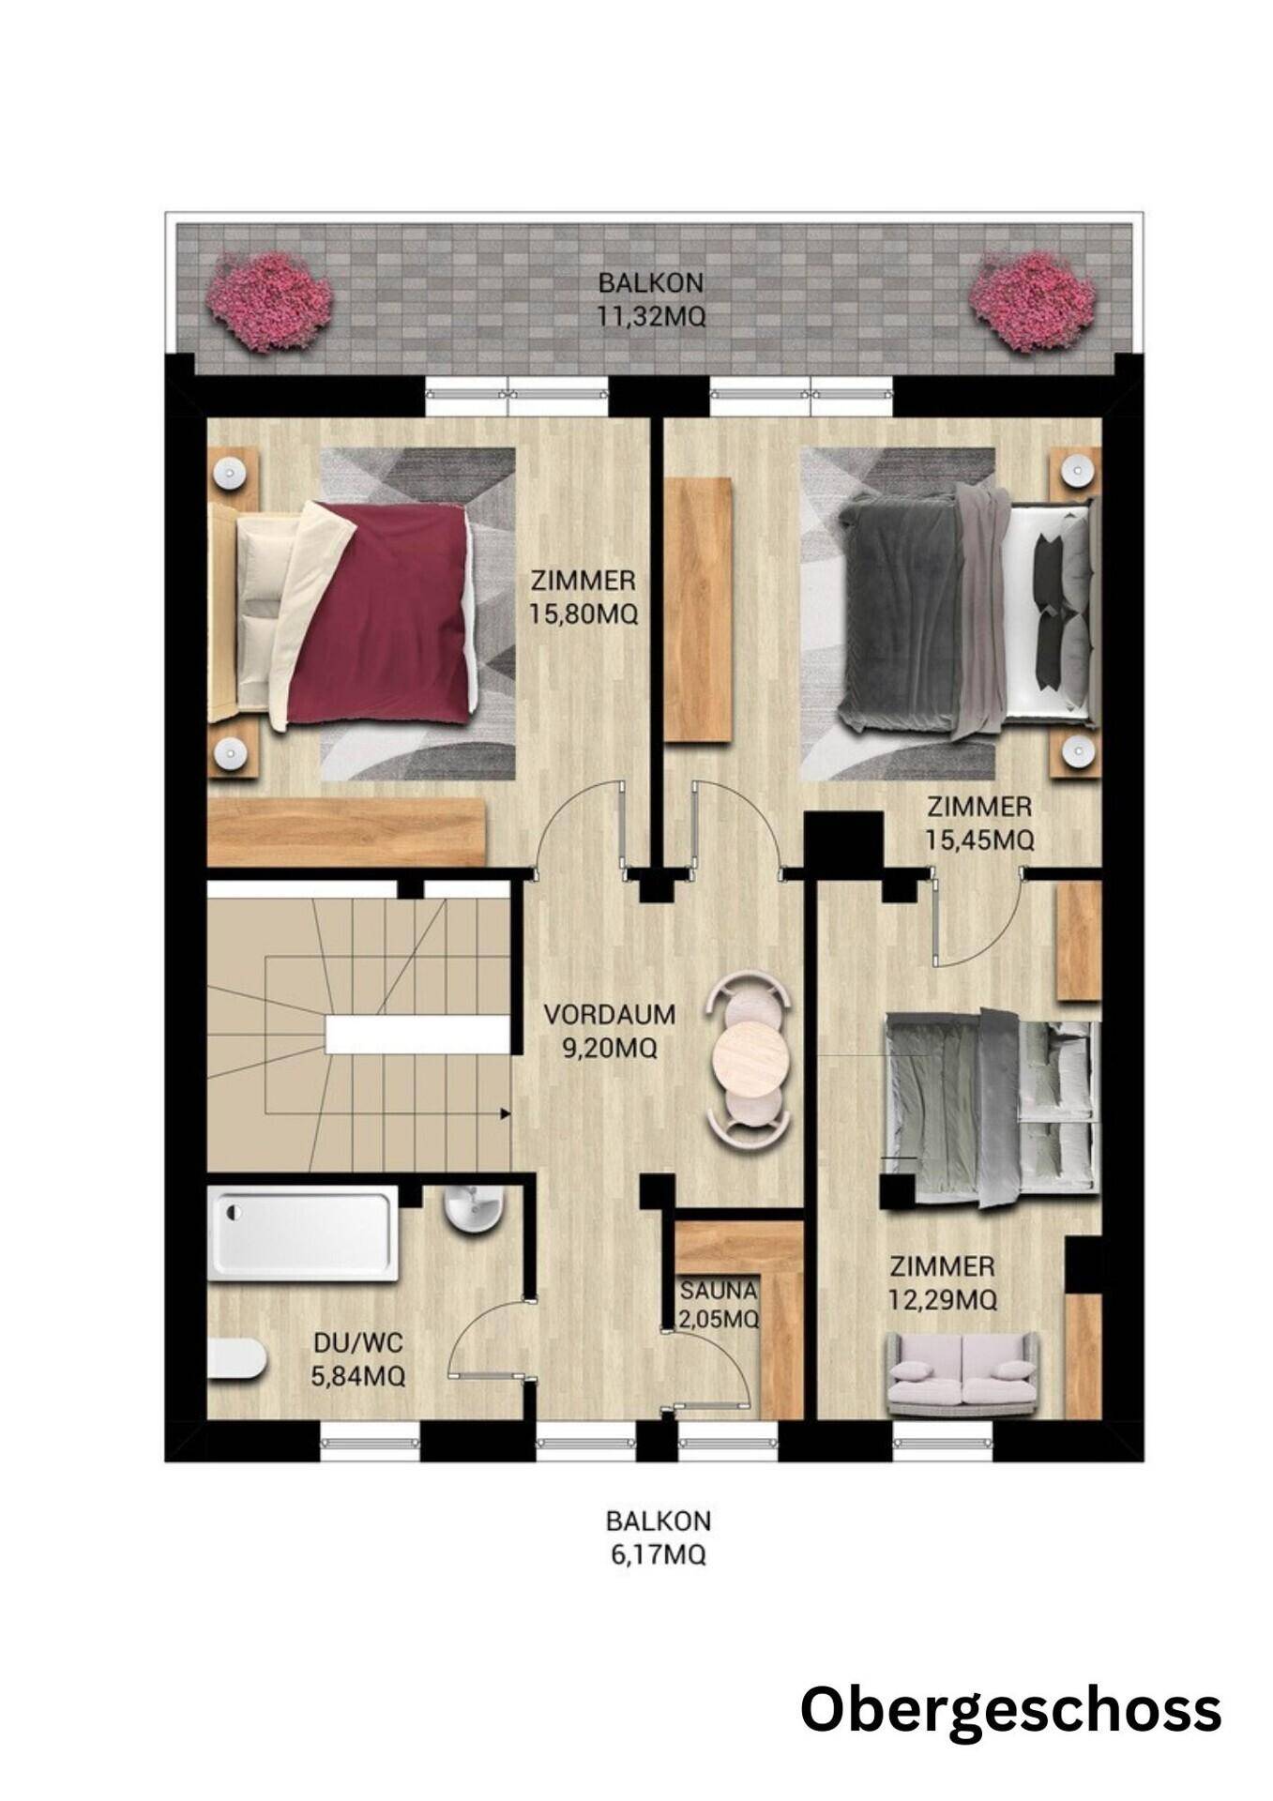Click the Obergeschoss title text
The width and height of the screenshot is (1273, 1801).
pyautogui.click(x=1010, y=1709)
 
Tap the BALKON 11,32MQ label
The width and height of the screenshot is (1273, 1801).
pyautogui.click(x=651, y=299)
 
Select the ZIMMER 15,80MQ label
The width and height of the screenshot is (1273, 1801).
pyautogui.click(x=583, y=597)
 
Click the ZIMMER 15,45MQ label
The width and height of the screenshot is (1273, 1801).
pyautogui.click(x=979, y=822)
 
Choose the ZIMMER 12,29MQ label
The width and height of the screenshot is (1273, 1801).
pyautogui.click(x=942, y=1282)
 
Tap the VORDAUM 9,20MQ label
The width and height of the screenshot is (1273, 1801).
pyautogui.click(x=610, y=1030)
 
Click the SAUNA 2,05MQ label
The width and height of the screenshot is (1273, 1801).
pyautogui.click(x=719, y=1305)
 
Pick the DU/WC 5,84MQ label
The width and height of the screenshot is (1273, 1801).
pyautogui.click(x=358, y=1359)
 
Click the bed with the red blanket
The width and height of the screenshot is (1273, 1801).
pyautogui.click(x=342, y=613)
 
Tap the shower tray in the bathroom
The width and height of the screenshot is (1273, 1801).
pyautogui.click(x=302, y=1234)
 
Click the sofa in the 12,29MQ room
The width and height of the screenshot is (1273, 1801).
pyautogui.click(x=962, y=1374)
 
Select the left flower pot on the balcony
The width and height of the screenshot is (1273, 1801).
pyautogui.click(x=270, y=300)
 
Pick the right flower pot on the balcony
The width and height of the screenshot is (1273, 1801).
pyautogui.click(x=1032, y=300)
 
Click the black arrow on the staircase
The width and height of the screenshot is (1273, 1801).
pyautogui.click(x=505, y=1114)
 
